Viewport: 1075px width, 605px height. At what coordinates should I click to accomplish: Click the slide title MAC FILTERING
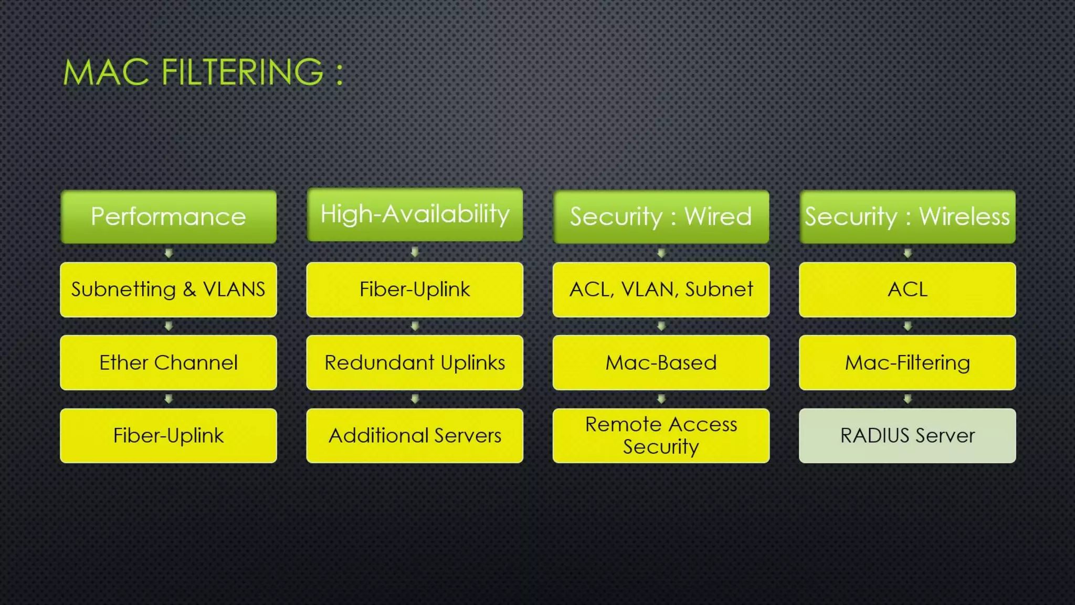coord(203,72)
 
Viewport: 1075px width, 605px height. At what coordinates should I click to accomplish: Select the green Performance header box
coord(168,216)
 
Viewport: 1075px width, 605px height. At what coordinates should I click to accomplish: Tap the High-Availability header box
coord(415,214)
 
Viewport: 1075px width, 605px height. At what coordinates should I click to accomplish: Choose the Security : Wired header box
coord(661,216)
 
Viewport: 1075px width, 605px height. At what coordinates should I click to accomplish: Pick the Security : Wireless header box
coord(907,216)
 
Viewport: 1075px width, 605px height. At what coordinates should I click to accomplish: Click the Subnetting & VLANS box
coord(168,289)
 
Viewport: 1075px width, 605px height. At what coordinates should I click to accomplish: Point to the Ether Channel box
coord(168,362)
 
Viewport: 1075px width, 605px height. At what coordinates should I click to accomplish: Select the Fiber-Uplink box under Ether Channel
coord(168,435)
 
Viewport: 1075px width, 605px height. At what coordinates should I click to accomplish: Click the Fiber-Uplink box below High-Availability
coord(415,289)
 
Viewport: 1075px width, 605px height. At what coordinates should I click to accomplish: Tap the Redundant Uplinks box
coord(415,362)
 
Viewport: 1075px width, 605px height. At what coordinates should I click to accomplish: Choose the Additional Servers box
coord(415,435)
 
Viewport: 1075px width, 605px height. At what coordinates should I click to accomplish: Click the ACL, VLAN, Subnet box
coord(661,289)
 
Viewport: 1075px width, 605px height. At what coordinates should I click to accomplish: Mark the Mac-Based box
coord(661,362)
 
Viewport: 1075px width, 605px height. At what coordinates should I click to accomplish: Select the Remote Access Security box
coord(661,435)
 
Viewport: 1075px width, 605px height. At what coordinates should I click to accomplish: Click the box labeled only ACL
coord(907,289)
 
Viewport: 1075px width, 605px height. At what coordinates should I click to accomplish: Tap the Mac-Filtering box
coord(907,362)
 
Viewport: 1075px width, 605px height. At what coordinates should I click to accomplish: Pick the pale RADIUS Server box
coord(907,435)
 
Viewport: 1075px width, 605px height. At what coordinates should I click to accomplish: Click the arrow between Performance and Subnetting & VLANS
coord(168,253)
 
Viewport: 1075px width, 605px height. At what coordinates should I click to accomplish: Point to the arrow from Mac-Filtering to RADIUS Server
coord(907,399)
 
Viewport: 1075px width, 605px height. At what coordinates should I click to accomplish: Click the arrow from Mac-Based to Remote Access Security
coord(661,399)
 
